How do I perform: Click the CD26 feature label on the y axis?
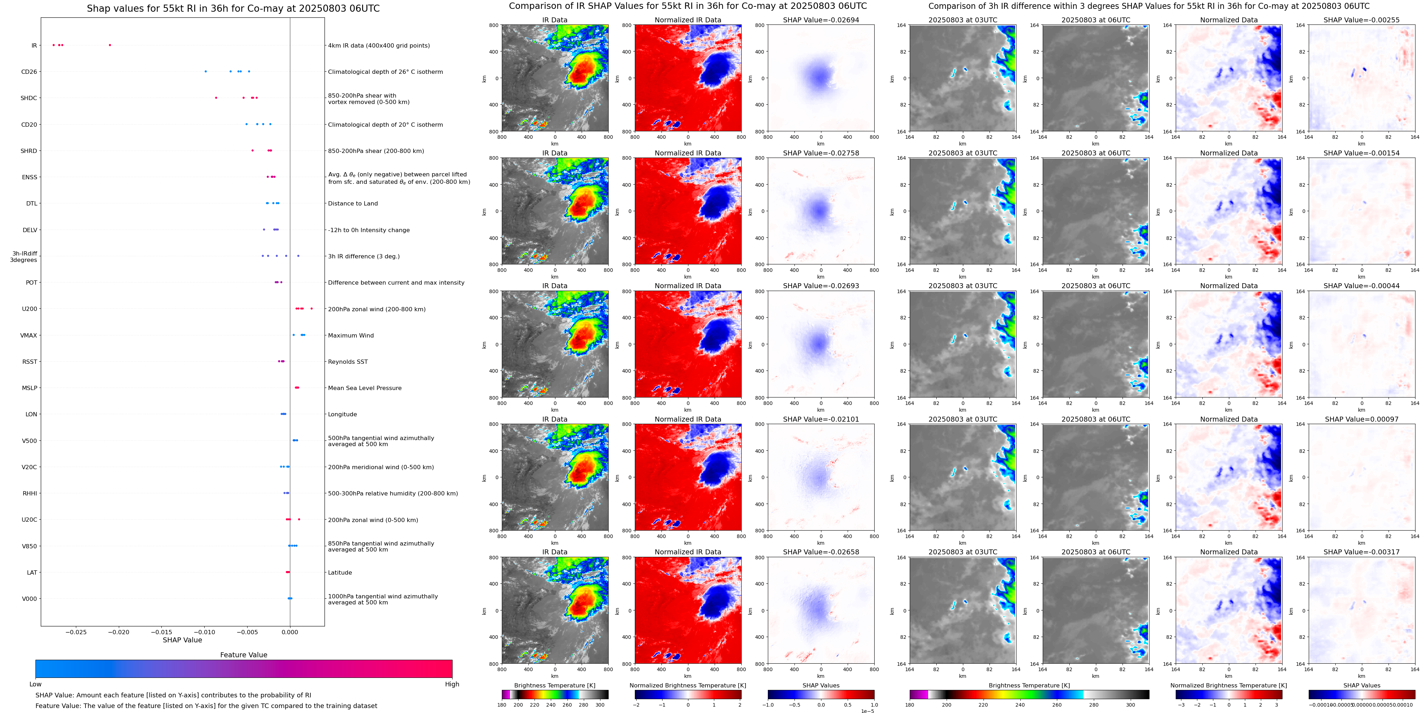(x=29, y=72)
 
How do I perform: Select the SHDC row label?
(x=29, y=98)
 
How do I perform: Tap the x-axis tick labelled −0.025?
(x=76, y=632)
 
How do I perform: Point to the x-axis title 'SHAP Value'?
(x=182, y=640)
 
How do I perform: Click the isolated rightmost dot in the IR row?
(x=110, y=45)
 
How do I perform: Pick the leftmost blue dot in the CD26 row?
(x=206, y=71)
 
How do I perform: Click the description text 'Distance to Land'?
(x=353, y=204)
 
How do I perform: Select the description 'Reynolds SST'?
(x=348, y=362)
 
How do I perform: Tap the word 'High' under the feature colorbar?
(x=451, y=684)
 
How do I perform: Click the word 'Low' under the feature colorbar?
(x=35, y=684)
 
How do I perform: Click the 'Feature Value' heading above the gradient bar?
(x=243, y=655)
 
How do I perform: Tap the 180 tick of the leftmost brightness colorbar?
(x=502, y=705)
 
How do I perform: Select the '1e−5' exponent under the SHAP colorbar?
(x=867, y=711)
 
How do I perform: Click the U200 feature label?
(x=29, y=309)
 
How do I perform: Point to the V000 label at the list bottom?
(x=29, y=598)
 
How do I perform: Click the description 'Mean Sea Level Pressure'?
(x=364, y=388)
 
